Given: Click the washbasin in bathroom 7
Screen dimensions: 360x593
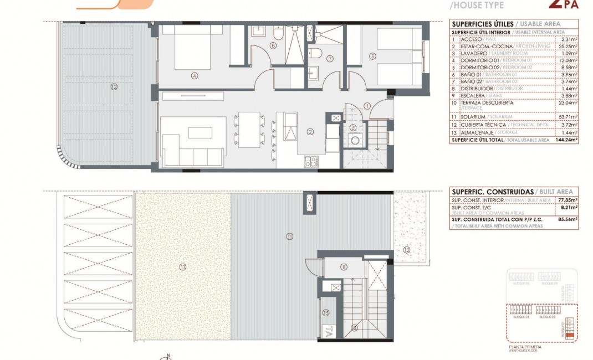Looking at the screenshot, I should [x=315, y=73].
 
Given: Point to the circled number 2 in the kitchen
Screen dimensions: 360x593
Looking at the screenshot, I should [x=310, y=131].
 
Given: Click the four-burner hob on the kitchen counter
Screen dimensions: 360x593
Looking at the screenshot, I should [x=311, y=162].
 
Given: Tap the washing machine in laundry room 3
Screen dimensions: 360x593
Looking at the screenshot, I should [x=352, y=141].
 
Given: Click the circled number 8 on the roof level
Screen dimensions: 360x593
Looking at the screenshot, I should [x=344, y=268].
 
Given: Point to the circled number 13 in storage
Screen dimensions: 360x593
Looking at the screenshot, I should [x=326, y=313].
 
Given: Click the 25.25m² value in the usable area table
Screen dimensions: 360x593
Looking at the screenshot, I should [x=569, y=47].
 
